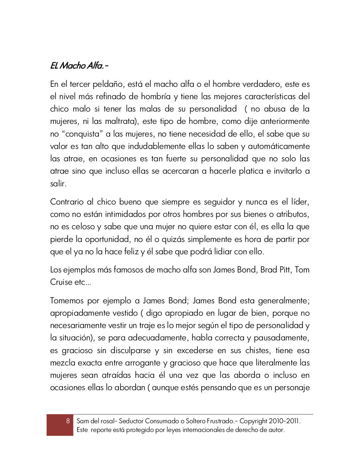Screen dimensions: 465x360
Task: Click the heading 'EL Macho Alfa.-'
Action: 79,66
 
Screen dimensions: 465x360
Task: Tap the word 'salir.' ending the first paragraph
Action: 58,183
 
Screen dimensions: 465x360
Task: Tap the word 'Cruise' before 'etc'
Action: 61,282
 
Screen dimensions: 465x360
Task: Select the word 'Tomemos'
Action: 66,301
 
